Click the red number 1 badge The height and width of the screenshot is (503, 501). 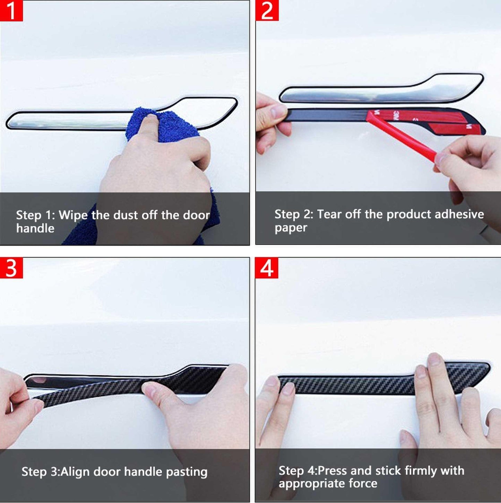coord(11,11)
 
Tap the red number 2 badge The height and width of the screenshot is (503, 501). coord(267,11)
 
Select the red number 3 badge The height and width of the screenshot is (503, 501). coord(11,268)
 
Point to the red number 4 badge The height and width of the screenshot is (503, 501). coord(267,268)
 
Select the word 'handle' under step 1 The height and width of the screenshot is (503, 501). coord(35,228)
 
